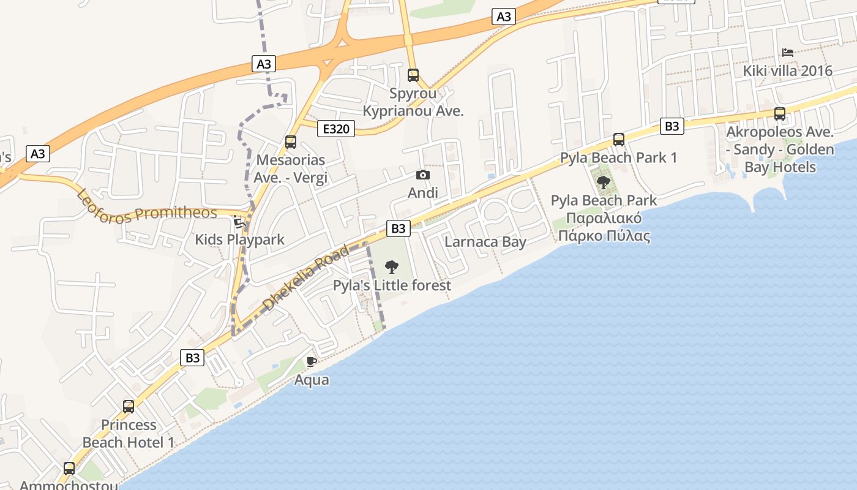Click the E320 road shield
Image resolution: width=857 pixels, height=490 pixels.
pos(336,129)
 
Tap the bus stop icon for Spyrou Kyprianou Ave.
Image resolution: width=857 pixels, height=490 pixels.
pos(413,75)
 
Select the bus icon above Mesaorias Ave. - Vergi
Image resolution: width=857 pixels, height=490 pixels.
pos(291,142)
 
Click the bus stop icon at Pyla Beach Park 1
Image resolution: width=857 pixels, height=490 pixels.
pos(619,140)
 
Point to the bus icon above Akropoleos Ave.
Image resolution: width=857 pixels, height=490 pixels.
pos(780,113)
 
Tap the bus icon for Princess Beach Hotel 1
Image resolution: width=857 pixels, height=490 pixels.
pos(129,406)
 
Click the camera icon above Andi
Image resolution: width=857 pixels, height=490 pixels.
pos(422,175)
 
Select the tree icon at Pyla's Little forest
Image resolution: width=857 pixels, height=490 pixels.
pos(392,267)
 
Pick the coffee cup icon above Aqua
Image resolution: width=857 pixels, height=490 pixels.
pos(312,361)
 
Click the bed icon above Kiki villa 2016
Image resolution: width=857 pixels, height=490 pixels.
pos(788,53)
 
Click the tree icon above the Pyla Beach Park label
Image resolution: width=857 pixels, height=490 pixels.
pos(604,182)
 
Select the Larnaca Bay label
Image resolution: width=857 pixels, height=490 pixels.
pos(485,241)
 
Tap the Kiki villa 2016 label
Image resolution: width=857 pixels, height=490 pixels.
pos(788,71)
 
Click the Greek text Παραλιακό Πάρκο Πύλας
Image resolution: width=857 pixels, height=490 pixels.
pos(604,227)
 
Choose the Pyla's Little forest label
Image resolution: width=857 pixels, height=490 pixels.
pos(392,285)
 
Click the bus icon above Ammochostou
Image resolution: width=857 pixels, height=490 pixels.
pos(69,469)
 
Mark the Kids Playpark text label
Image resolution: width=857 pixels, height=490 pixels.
pos(239,239)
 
